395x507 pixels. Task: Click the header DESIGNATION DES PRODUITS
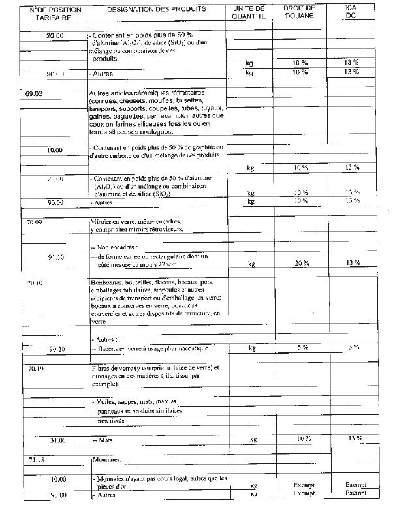[155, 10]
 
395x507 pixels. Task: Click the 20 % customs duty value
[301, 264]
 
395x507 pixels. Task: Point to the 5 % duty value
[302, 347]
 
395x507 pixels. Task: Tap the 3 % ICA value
[353, 347]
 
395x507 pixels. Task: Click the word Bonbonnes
[106, 283]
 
